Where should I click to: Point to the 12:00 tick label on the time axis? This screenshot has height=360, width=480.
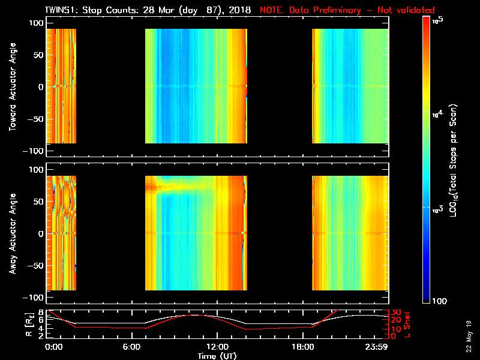coord(217,347)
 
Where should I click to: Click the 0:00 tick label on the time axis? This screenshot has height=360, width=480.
coord(54,347)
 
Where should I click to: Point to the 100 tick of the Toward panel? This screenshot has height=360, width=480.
coord(35,22)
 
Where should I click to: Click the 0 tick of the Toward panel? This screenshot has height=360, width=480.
coord(40,86)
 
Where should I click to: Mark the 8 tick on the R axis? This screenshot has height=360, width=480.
coord(41,312)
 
